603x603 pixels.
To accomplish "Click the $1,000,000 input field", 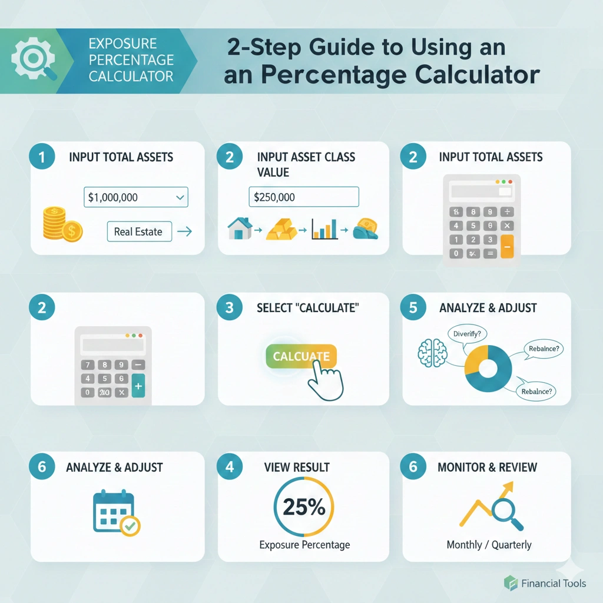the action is pos(136,197).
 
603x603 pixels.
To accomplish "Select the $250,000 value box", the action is pos(304,197).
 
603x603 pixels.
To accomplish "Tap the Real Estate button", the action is pos(139,231).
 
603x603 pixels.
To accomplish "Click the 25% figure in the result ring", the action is pos(304,507).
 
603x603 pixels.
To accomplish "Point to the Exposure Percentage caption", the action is pos(304,545).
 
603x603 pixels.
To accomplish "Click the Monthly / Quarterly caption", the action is pos(489,545).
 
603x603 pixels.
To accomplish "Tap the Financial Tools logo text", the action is pos(554,584).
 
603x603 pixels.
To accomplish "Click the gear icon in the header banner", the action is pos(34,59).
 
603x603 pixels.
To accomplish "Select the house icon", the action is pos(239,228).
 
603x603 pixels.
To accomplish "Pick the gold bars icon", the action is pos(281,229).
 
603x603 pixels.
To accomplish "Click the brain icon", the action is pos(432,353).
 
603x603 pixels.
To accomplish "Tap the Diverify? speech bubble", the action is pos(467,334).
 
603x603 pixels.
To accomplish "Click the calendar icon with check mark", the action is pos(117,513).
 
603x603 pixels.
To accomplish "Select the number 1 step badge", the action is pos(42,157).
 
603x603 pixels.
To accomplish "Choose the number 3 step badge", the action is pos(230,307).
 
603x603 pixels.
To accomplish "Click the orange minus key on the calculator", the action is pos(507,246).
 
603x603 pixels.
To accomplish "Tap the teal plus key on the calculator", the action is pos(138,386).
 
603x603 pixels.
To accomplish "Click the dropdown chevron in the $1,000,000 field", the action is pos(180,197).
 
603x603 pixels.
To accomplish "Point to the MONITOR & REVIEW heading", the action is pos(487,467).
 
